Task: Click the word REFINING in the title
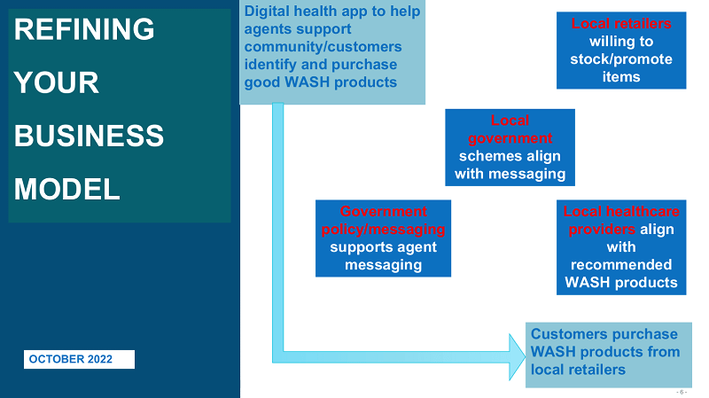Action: (x=85, y=29)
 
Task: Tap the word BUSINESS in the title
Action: (x=90, y=136)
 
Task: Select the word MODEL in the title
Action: (x=67, y=189)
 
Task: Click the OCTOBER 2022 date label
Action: (x=79, y=359)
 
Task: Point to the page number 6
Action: (x=681, y=391)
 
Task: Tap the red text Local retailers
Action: (x=621, y=23)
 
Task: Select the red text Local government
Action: (x=510, y=129)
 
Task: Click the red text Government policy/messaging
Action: (x=383, y=220)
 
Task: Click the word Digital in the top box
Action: (x=269, y=12)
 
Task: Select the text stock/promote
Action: (x=621, y=59)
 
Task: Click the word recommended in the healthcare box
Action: (x=621, y=265)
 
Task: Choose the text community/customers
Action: (x=323, y=47)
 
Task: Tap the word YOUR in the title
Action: (x=57, y=82)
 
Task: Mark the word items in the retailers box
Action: (x=621, y=77)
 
